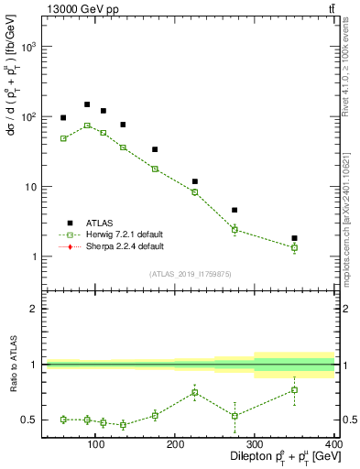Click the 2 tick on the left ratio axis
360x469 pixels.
pyautogui.click(x=34, y=309)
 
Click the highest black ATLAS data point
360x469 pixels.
pyautogui.click(x=87, y=104)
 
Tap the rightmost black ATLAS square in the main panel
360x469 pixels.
pyautogui.click(x=294, y=238)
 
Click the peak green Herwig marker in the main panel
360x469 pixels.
pyautogui.click(x=87, y=125)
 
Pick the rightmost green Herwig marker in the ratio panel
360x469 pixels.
pyautogui.click(x=294, y=390)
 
